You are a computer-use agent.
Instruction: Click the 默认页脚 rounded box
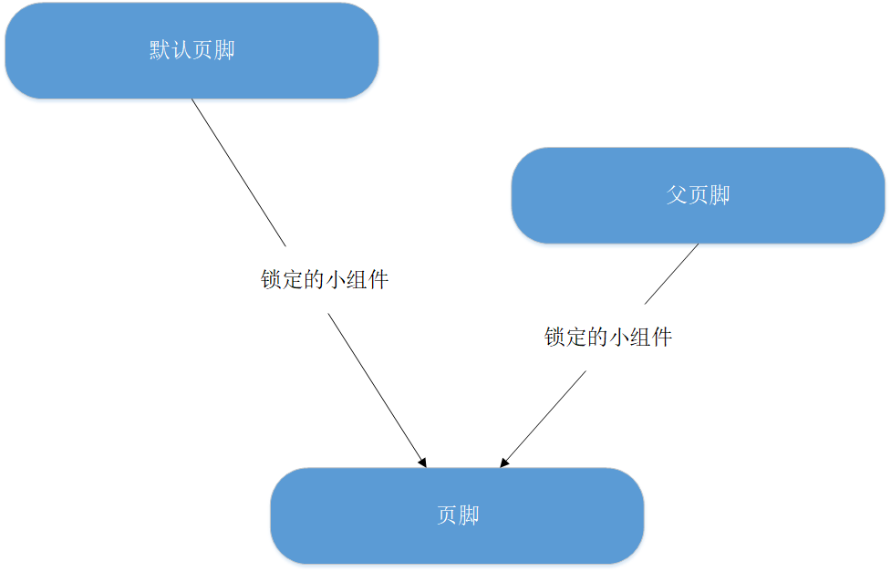click(x=192, y=51)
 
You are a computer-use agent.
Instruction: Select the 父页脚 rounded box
click(x=698, y=195)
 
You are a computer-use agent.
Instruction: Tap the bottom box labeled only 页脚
click(x=457, y=515)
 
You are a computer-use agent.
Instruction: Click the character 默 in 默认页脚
click(x=160, y=50)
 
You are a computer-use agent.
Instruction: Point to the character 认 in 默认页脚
click(x=181, y=50)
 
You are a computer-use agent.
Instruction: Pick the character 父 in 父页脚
click(x=676, y=195)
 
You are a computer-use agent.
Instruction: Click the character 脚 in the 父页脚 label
click(x=720, y=195)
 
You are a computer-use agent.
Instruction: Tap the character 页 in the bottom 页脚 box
click(x=447, y=515)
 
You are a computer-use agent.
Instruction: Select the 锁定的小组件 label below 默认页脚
click(x=325, y=280)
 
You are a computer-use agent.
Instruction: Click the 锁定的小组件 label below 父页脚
click(x=608, y=338)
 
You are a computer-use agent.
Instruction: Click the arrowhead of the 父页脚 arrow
click(x=503, y=463)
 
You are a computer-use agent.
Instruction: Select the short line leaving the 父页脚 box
click(x=672, y=274)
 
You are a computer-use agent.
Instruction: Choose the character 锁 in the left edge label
click(x=272, y=280)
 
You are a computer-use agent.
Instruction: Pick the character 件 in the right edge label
click(x=662, y=338)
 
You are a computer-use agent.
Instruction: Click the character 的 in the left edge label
click(x=315, y=280)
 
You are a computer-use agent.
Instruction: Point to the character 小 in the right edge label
click(x=619, y=338)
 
